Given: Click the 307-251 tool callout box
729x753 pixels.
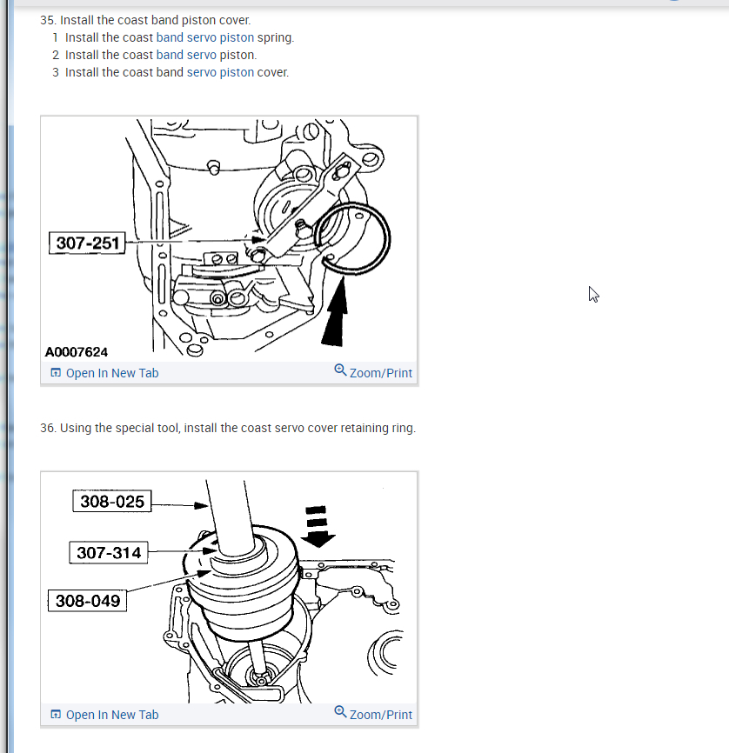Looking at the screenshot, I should [87, 243].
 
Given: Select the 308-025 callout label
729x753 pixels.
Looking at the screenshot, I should [112, 502].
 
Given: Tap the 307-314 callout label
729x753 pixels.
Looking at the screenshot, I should [109, 552].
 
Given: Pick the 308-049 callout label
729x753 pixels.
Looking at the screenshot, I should [87, 601].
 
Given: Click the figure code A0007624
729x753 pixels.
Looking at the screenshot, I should [77, 352].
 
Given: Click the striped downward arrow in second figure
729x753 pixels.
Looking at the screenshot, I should [317, 525].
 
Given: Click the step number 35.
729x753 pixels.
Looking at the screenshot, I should [48, 19].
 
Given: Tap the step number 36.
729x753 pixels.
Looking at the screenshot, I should [48, 428].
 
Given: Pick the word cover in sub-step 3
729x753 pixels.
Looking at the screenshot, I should [272, 72].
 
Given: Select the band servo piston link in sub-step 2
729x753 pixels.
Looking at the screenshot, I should [204, 55].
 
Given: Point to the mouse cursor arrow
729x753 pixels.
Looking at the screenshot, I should [593, 293].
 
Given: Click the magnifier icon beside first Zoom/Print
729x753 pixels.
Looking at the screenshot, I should [340, 370].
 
